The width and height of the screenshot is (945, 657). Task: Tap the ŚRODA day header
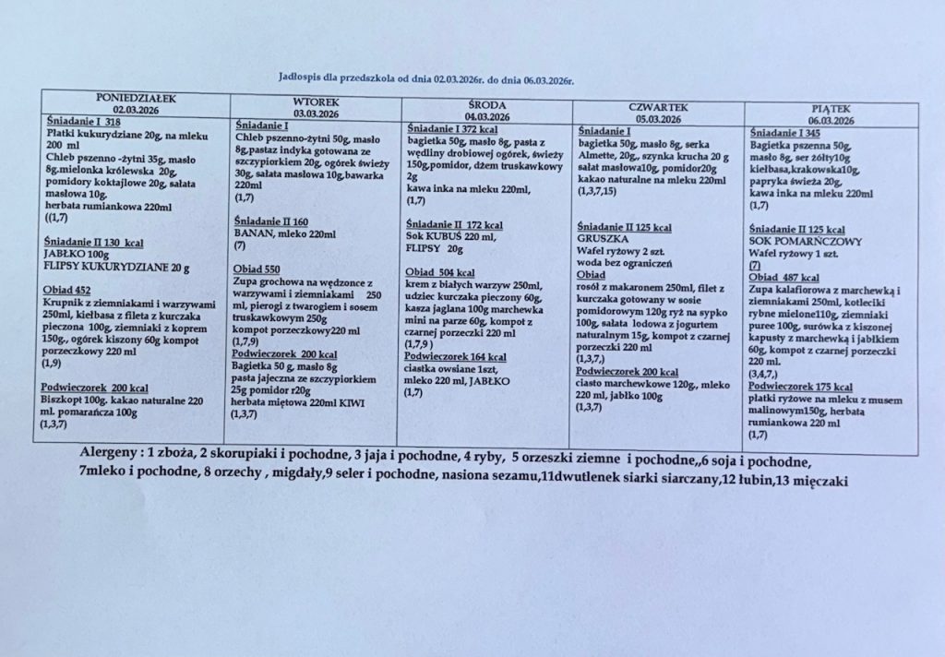(x=488, y=105)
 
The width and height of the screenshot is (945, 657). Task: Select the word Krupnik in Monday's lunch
(x=66, y=303)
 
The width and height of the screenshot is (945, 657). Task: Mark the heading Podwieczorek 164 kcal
(x=456, y=356)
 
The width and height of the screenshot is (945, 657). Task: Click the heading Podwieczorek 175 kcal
(x=800, y=387)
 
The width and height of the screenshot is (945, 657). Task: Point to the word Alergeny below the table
(x=110, y=459)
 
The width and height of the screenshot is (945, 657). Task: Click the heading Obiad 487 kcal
(x=785, y=277)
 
